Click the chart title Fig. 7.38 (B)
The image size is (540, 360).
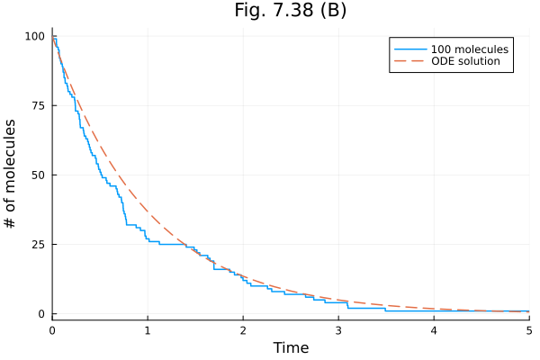[289, 11]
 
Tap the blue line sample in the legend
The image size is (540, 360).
[406, 48]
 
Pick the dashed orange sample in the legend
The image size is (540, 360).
[406, 62]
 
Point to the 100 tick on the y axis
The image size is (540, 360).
[34, 36]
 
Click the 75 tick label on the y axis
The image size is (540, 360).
[38, 105]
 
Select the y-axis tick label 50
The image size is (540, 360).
[38, 175]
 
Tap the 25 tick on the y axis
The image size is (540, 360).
[38, 244]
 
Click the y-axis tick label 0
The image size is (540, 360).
[41, 313]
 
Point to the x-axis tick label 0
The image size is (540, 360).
[52, 330]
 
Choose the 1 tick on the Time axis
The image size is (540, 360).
[148, 330]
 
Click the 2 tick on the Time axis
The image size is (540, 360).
[243, 330]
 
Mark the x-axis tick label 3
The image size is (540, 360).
[338, 330]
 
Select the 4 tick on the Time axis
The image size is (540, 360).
[434, 330]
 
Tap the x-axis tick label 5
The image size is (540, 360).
[528, 330]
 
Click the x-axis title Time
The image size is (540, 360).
[291, 347]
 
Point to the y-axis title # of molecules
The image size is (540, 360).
[12, 173]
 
